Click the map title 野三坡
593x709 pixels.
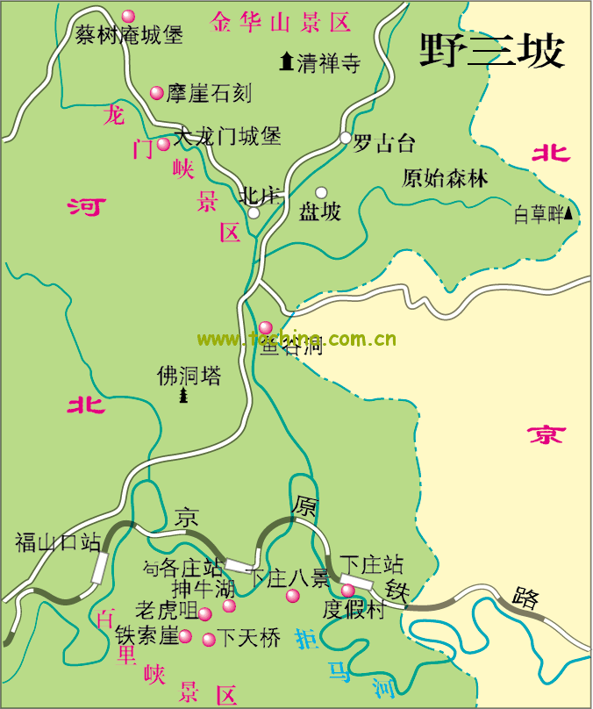point(490,52)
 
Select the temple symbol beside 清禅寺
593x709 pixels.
point(286,61)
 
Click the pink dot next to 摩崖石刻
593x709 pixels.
point(157,92)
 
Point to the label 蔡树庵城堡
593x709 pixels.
point(129,36)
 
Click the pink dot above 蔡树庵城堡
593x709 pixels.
point(128,17)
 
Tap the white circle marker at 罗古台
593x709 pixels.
point(346,138)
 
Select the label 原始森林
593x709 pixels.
point(445,178)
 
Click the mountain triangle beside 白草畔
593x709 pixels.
point(569,212)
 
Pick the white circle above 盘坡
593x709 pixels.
point(321,192)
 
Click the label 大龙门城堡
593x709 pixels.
point(227,137)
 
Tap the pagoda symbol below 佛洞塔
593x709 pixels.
point(184,397)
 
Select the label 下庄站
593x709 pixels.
point(371,563)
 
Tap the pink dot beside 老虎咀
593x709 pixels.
point(204,614)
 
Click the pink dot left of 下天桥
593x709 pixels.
point(209,639)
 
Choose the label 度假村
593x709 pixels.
point(354,611)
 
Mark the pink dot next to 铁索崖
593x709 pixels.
point(185,636)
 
